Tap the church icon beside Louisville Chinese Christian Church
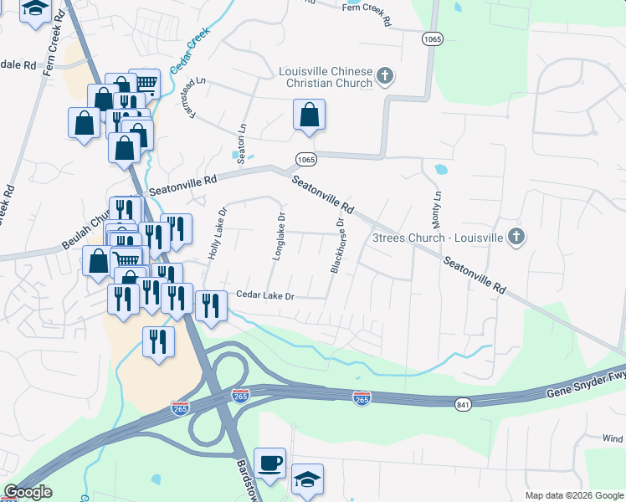point(385,78)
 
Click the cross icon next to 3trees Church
point(516,237)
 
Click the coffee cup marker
point(269,464)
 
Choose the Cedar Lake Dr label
point(265,295)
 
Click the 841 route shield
point(464,405)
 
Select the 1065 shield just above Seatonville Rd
point(305,159)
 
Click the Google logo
point(28,492)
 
